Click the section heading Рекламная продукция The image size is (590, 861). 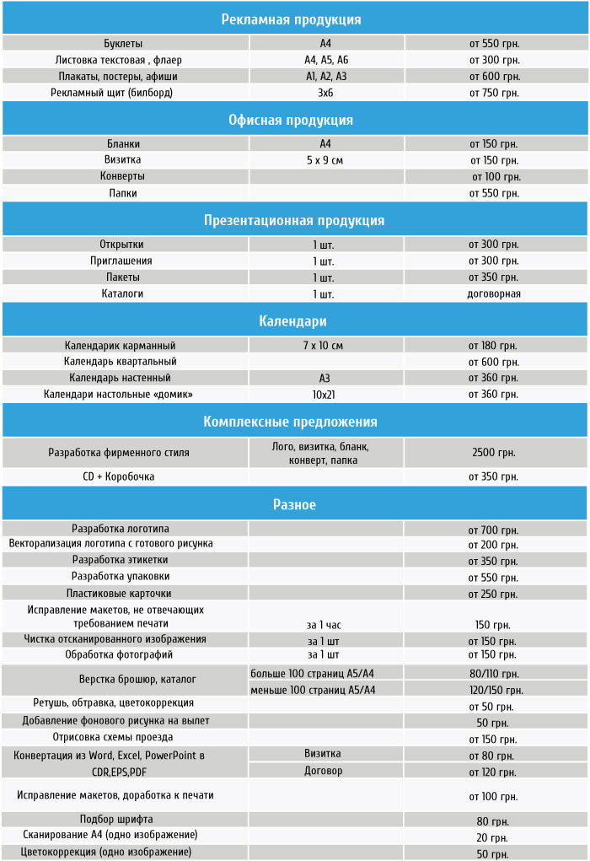point(292,19)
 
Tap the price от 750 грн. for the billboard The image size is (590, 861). point(494,93)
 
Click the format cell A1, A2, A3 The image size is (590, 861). point(326,76)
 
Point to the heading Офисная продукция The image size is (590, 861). point(291,120)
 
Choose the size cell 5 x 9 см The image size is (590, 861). point(325,160)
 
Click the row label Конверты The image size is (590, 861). point(123,176)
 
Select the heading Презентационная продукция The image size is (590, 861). point(294,220)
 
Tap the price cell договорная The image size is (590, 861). point(494,294)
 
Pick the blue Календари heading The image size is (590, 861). point(292,321)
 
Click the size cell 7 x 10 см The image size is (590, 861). point(324,345)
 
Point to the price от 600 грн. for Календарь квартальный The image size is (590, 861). point(494,362)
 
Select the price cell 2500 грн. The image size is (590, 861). point(494,453)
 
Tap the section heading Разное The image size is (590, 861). point(294,504)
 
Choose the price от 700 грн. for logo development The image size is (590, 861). point(494,530)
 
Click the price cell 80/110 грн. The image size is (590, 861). point(494,674)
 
